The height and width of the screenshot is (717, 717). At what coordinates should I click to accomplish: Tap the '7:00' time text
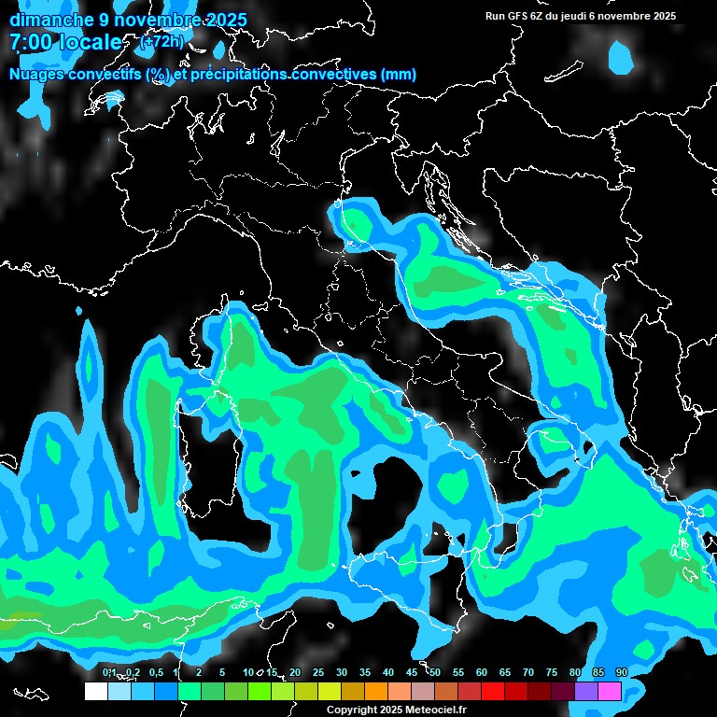29,42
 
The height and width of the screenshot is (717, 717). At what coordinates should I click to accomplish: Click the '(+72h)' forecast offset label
162,42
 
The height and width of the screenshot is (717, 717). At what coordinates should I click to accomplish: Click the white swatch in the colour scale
95,691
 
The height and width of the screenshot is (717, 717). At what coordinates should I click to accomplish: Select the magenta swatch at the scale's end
610,691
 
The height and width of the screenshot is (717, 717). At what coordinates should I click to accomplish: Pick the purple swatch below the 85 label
586,691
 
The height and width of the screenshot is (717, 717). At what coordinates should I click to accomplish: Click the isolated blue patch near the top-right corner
621,57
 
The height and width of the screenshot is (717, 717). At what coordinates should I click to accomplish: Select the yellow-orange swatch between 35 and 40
376,691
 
